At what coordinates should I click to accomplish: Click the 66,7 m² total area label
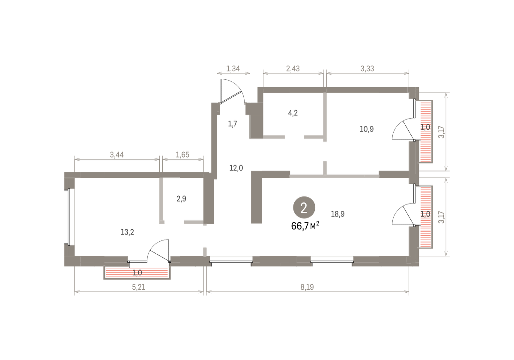[x=305, y=226]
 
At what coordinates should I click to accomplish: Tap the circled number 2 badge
[x=304, y=207]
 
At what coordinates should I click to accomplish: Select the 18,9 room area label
[x=338, y=214]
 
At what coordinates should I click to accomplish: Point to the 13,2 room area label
[x=127, y=232]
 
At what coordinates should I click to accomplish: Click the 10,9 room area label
[x=367, y=129]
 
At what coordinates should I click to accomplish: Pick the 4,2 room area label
[x=293, y=113]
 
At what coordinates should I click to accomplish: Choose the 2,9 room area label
[x=181, y=198]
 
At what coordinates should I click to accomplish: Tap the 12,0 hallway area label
[x=236, y=168]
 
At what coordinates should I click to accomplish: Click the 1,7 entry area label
[x=233, y=124]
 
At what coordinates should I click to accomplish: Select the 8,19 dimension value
[x=307, y=287]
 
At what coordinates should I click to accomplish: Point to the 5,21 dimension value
[x=139, y=287]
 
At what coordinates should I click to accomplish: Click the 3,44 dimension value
[x=117, y=155]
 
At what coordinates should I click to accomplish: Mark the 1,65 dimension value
[x=182, y=155]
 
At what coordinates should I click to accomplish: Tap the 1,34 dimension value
[x=233, y=69]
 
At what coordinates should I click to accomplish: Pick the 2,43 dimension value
[x=293, y=69]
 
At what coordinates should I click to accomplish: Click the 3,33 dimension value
[x=367, y=69]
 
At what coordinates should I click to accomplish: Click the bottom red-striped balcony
[x=137, y=273]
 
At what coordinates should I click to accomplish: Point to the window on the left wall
[x=69, y=217]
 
